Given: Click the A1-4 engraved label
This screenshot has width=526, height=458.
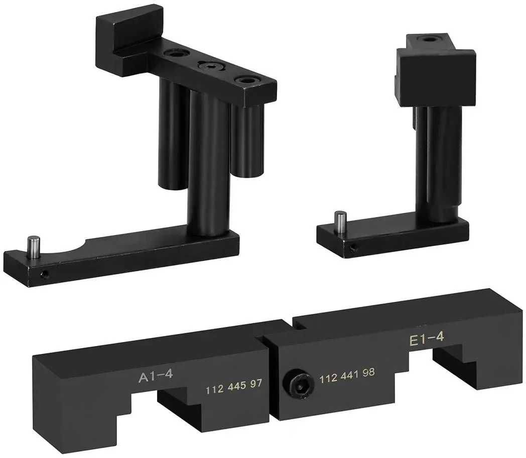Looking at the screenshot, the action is coord(156,376).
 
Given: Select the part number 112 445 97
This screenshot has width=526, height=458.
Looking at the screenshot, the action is coord(233,387).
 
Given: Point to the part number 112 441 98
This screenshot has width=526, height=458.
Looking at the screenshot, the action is coord(347,375).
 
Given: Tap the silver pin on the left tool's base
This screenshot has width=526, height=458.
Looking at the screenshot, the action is coord(34,247).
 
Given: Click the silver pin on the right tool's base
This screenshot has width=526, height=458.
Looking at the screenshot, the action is coord(341,221).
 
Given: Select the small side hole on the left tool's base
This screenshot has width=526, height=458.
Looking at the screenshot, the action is coord(44,275).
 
